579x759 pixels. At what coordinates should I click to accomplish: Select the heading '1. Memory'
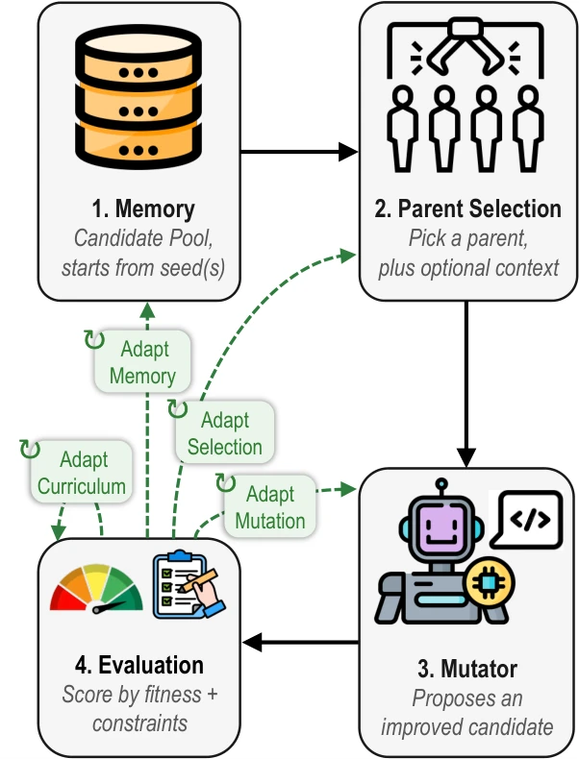pos(143,208)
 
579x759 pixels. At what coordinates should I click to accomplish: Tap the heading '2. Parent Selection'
pos(467,208)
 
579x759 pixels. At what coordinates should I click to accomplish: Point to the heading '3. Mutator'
pos(467,669)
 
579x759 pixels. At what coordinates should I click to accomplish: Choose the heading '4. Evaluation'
pos(139,665)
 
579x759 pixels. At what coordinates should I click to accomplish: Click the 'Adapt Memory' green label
pos(142,361)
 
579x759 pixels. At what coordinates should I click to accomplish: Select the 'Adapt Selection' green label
pos(225,432)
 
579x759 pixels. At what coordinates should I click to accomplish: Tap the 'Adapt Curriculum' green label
pos(82,472)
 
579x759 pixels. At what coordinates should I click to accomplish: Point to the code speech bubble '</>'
pos(527,520)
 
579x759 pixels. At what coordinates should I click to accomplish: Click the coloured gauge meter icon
pos(96,588)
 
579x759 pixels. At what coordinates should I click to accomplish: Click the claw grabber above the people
pos(466,48)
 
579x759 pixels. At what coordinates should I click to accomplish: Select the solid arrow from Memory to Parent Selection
pos(299,152)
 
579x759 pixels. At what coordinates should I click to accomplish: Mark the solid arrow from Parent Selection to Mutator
pos(466,384)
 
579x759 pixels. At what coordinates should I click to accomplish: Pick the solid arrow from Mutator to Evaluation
pos(300,643)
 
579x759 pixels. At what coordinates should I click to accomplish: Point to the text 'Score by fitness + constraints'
pos(139,709)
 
